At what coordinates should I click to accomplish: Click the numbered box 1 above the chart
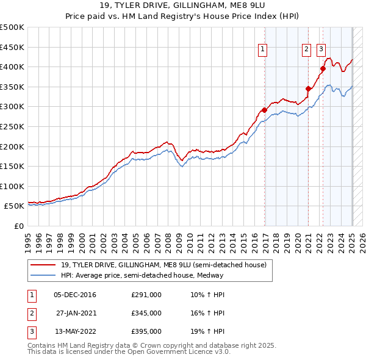pyautogui.click(x=262, y=50)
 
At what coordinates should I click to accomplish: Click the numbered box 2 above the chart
pyautogui.click(x=306, y=50)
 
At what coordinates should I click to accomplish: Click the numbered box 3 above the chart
pyautogui.click(x=321, y=50)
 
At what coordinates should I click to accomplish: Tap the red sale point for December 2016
pyautogui.click(x=264, y=110)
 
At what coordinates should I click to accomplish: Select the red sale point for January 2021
pyautogui.click(x=309, y=89)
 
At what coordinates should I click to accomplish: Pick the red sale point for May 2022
pyautogui.click(x=323, y=69)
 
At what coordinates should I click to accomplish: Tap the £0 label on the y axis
pyautogui.click(x=18, y=226)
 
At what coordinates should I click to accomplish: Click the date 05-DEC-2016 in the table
pyautogui.click(x=74, y=295)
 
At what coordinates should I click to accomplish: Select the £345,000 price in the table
pyautogui.click(x=146, y=313)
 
